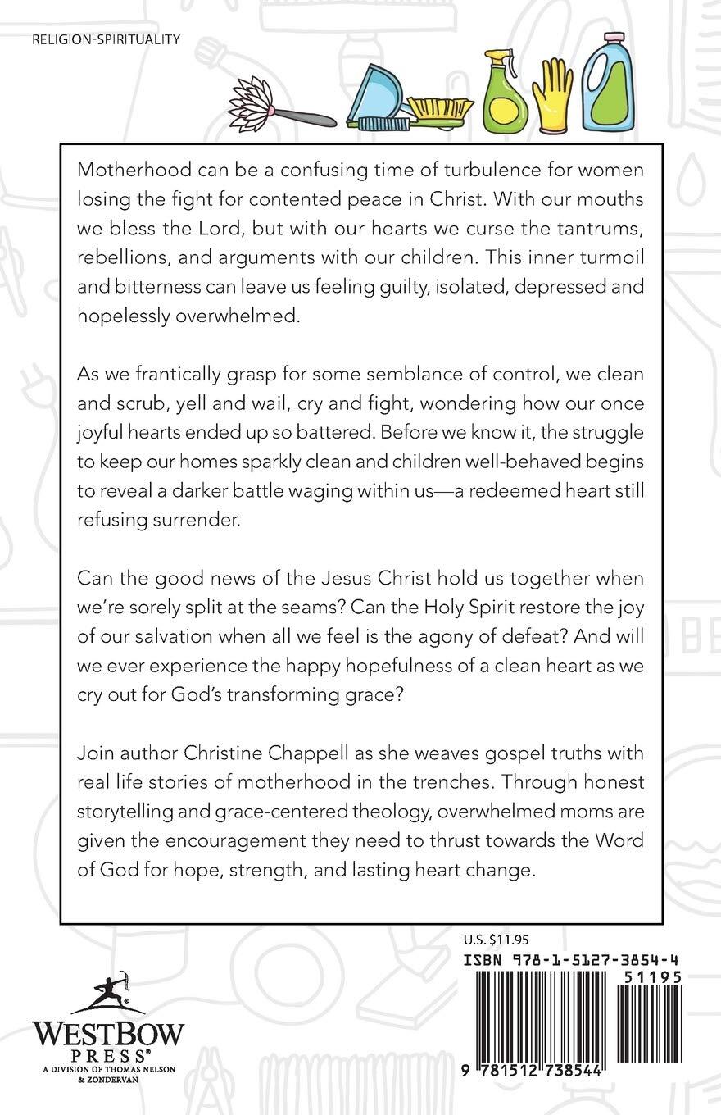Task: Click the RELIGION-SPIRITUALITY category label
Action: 103,39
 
